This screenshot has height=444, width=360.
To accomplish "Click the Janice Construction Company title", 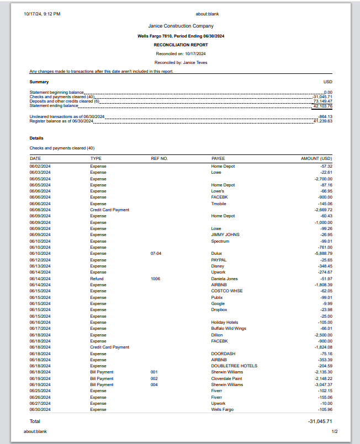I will pyautogui.click(x=181, y=26).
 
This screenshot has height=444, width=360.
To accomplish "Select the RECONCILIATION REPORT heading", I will pyautogui.click(x=181, y=45).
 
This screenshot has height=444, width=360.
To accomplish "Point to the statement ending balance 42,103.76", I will pyautogui.click(x=322, y=106).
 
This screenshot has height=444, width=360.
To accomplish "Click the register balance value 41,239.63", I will pyautogui.click(x=322, y=121).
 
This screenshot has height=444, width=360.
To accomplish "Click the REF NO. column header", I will pyautogui.click(x=159, y=158).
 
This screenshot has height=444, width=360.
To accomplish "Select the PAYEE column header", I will pyautogui.click(x=218, y=158).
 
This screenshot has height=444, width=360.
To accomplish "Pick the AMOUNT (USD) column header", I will pyautogui.click(x=316, y=158).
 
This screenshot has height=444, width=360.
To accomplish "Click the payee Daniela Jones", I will pyautogui.click(x=224, y=279).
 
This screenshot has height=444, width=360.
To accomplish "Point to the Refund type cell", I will pyautogui.click(x=97, y=279).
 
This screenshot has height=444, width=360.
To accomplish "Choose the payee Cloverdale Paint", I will pyautogui.click(x=226, y=378).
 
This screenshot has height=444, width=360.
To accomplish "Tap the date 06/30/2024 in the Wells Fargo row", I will pyautogui.click(x=40, y=410).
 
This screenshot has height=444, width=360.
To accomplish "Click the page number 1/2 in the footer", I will pyautogui.click(x=335, y=431).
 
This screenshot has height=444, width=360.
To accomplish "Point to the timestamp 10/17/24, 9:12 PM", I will pyautogui.click(x=42, y=14).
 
